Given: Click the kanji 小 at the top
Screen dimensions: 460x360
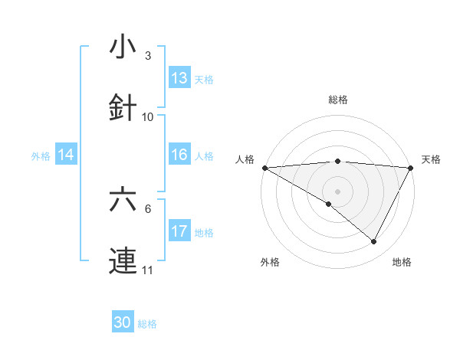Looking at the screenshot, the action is point(123,47).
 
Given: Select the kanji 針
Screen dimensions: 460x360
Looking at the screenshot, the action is point(123,107).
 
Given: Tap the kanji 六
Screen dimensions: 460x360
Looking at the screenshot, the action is point(123,201).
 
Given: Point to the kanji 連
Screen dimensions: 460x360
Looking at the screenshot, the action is point(123,260).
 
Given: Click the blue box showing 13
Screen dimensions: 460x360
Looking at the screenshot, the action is point(179,78).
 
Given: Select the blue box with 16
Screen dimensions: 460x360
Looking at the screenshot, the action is point(179,155).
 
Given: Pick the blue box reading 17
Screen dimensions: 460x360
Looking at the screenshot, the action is point(179,231).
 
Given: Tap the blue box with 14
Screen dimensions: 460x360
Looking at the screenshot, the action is point(66,155).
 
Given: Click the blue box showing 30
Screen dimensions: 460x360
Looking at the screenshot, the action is point(123,322).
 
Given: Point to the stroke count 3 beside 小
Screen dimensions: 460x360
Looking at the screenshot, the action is point(148,56).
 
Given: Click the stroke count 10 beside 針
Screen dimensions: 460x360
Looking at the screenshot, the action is point(148,116).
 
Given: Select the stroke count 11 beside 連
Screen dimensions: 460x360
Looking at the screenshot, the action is point(148,270).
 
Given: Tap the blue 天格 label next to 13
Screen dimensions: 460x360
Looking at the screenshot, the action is point(204,79).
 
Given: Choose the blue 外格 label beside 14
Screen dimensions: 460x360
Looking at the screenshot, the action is point(41,156).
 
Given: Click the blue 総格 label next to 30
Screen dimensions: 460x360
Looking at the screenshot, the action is point(147,324).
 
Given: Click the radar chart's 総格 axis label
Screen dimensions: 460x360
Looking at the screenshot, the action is point(337,100).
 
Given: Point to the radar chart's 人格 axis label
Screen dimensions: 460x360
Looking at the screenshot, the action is point(245,159).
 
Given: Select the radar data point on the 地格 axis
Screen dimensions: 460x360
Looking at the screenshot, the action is point(374,242).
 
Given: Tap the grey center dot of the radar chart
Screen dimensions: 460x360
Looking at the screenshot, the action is point(337,191).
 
